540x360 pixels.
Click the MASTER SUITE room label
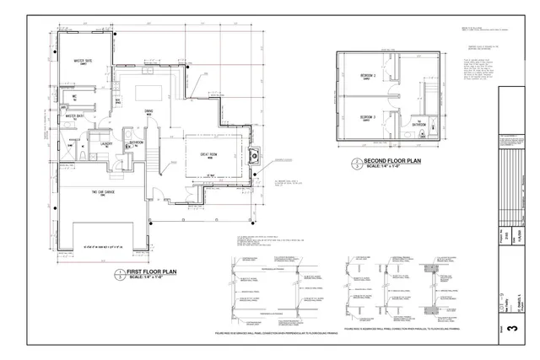pyautogui.click(x=83, y=62)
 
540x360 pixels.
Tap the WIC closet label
pyautogui.click(x=75, y=96)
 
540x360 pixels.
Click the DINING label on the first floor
pyautogui.click(x=148, y=111)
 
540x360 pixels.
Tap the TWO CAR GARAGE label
pyautogui.click(x=103, y=193)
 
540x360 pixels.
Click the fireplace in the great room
pyautogui.click(x=254, y=154)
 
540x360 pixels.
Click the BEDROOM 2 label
pyautogui.click(x=367, y=117)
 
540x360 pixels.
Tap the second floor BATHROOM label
pyautogui.click(x=418, y=124)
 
